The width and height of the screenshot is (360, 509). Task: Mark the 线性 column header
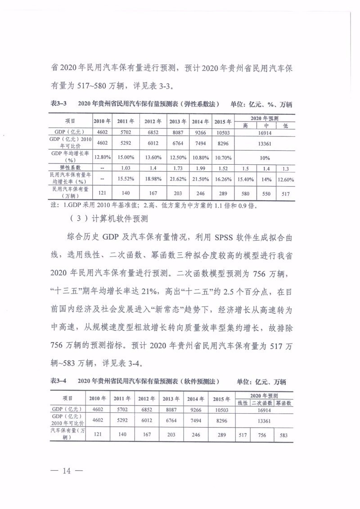point(242,403)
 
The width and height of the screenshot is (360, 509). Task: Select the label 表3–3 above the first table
point(59,104)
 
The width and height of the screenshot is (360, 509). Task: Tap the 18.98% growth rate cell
point(152,179)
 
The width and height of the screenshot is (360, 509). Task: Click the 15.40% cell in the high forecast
point(246,179)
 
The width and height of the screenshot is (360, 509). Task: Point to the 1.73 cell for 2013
point(177,167)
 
